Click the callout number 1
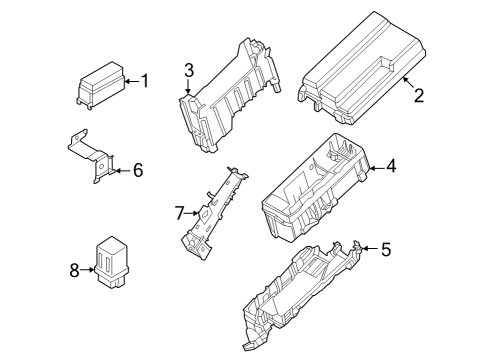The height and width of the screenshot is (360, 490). [143, 81]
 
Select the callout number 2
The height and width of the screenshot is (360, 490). [419, 96]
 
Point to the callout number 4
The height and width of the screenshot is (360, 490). [391, 167]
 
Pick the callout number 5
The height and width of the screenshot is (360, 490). [387, 248]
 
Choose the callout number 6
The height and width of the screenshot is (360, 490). [138, 171]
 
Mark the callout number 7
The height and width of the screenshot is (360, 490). [180, 212]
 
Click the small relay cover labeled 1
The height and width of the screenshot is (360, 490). [101, 85]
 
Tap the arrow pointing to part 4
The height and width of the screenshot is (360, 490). [372, 168]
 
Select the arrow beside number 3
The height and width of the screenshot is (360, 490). [188, 87]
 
